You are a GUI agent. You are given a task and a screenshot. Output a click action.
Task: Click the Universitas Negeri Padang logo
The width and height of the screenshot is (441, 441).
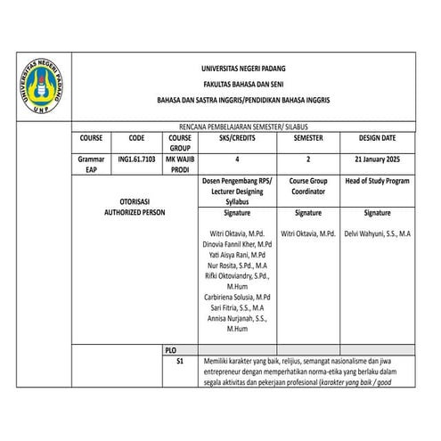[x=39, y=93]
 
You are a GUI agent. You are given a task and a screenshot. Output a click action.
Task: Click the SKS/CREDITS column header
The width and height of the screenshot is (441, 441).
[x=236, y=140]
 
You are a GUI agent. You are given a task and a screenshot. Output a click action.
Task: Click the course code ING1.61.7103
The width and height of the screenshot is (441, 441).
[x=136, y=159]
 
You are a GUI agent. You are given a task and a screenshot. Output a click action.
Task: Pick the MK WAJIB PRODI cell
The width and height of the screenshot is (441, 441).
[x=180, y=164]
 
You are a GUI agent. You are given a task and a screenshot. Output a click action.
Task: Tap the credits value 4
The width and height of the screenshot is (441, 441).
[x=236, y=159]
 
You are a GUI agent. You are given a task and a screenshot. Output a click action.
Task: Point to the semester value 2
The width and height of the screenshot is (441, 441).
[x=306, y=159]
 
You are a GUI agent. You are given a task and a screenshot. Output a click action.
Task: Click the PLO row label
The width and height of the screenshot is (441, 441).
[x=171, y=350]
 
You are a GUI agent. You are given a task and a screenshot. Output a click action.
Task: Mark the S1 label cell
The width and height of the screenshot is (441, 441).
[x=179, y=362]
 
